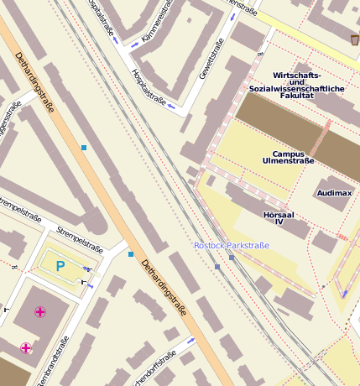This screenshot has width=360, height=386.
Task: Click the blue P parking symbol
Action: (x=60, y=266)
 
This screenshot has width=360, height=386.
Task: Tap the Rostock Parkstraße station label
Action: (x=232, y=245)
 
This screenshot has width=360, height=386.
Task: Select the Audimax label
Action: (x=335, y=193)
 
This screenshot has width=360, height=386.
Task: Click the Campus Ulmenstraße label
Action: (x=293, y=156)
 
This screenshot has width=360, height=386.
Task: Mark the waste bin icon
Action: (x=354, y=39)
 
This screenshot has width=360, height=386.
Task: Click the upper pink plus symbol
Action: (x=39, y=312)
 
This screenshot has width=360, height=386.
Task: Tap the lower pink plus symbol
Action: (x=26, y=347)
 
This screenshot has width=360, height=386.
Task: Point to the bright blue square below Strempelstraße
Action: (x=131, y=253)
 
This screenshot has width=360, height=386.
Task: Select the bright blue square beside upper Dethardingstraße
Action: (x=84, y=148)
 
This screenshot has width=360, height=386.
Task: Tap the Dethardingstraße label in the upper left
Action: (x=34, y=81)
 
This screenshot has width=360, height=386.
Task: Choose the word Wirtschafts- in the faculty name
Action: (x=293, y=76)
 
